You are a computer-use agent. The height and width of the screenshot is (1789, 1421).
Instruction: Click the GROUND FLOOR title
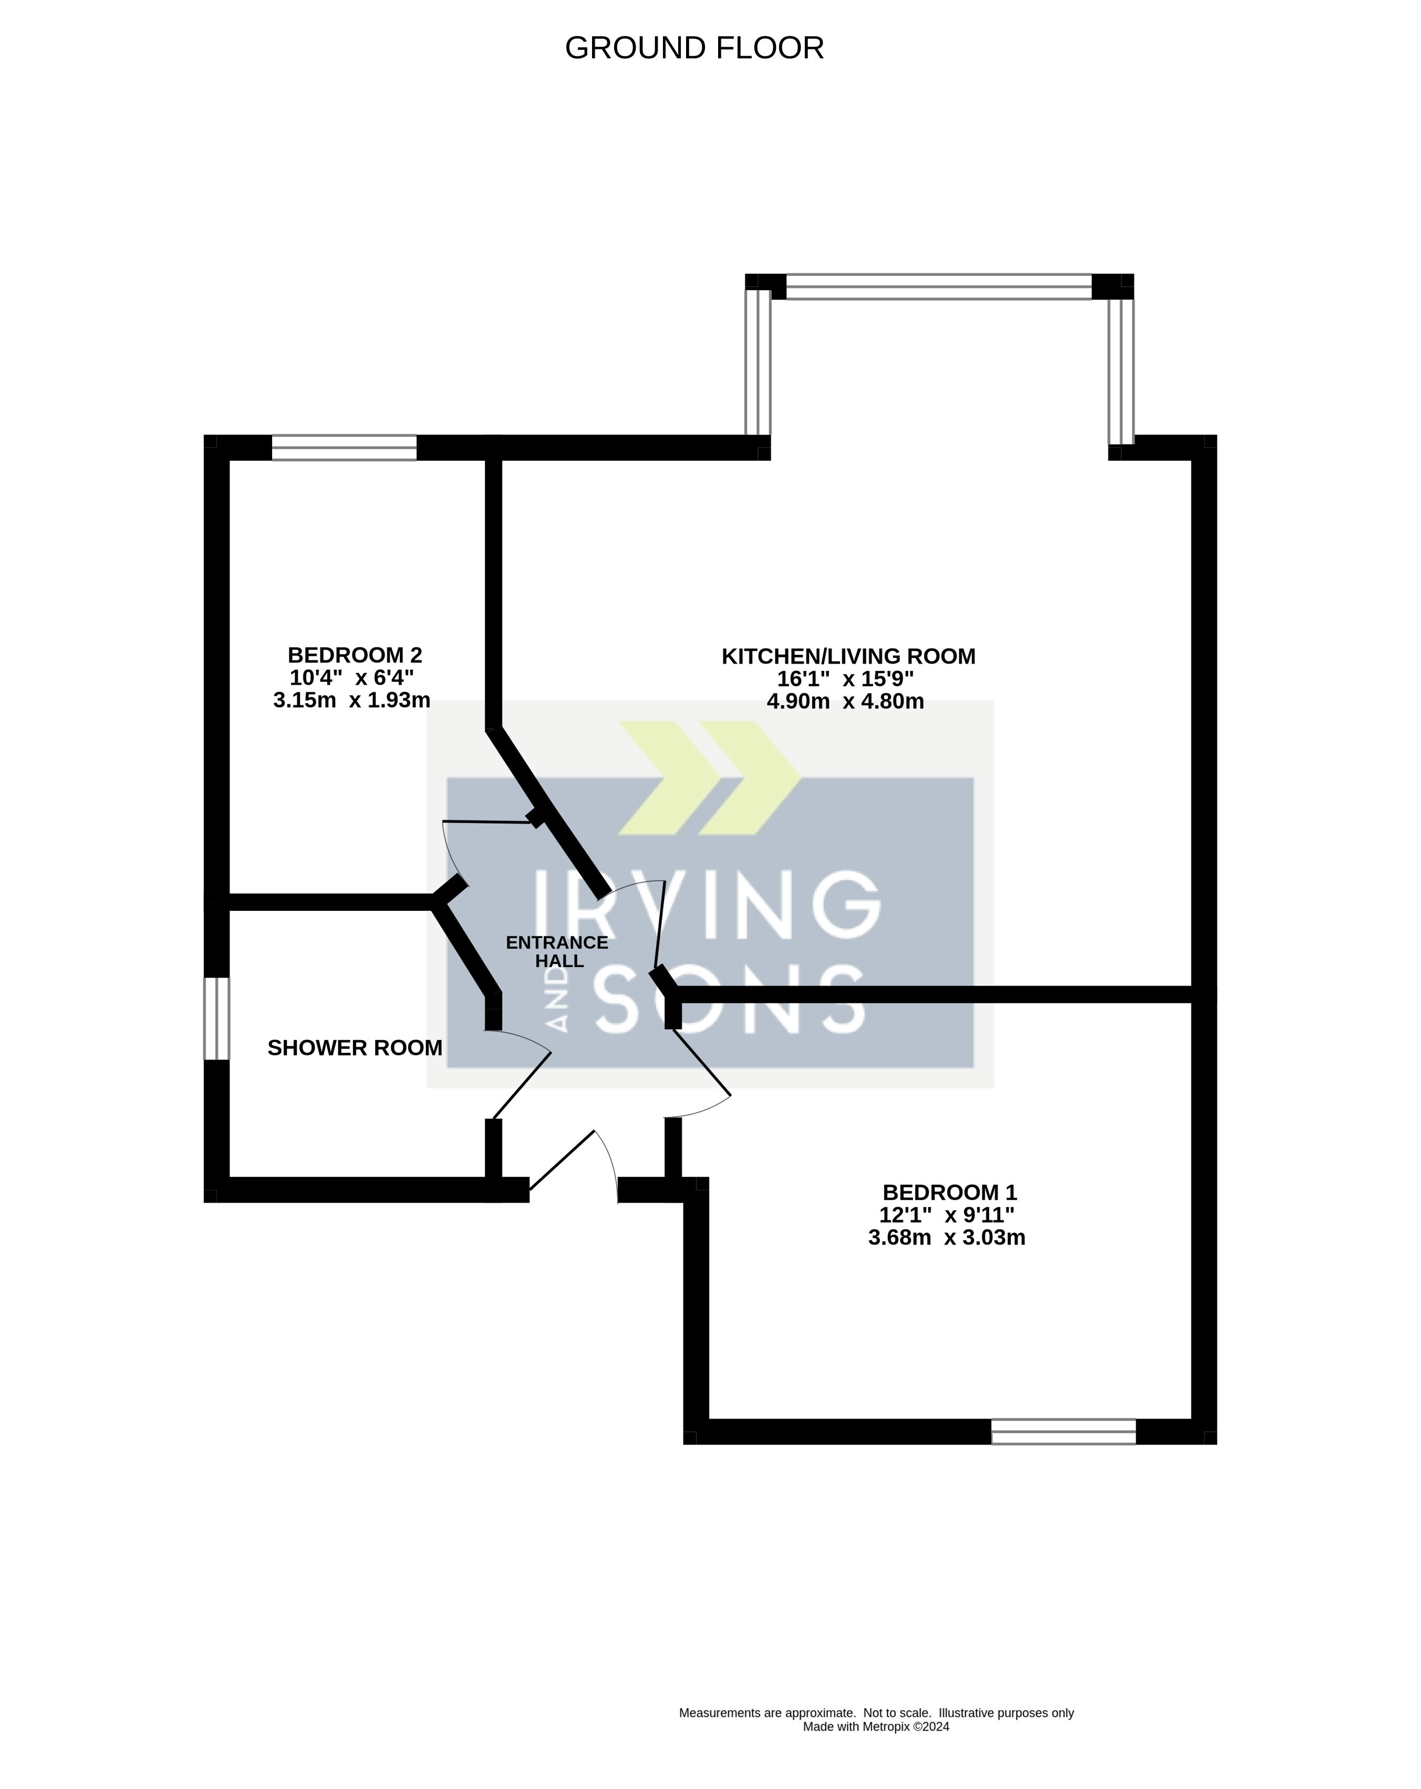point(693,48)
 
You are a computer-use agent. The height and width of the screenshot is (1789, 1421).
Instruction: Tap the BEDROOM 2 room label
point(354,655)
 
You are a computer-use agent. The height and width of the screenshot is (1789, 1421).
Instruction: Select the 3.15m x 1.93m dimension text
point(352,701)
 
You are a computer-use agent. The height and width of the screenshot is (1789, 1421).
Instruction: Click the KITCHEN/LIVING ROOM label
point(848,656)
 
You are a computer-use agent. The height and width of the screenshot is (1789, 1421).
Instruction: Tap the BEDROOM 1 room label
point(949,1192)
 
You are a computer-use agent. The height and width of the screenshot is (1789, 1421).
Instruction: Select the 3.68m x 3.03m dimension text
point(947,1238)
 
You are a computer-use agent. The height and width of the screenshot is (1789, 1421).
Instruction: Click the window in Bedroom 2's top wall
point(344,447)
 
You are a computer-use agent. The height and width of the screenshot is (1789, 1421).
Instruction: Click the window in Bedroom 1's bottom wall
point(1063,1432)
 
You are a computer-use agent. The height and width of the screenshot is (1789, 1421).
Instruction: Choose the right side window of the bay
point(1121,372)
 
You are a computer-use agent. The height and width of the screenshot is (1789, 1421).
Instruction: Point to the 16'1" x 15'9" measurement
point(845,678)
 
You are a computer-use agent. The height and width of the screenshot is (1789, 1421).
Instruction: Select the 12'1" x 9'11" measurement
point(947,1215)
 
